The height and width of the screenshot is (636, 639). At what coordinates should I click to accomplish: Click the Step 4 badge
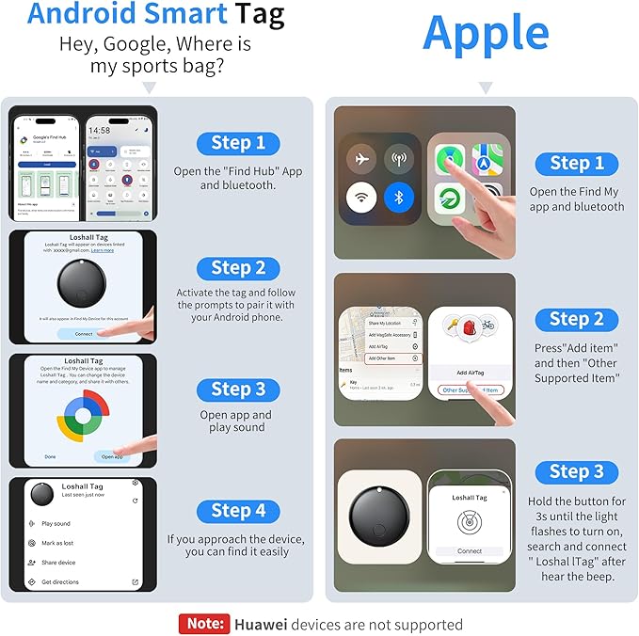click(x=237, y=511)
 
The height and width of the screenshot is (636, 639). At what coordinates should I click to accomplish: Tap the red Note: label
click(x=204, y=624)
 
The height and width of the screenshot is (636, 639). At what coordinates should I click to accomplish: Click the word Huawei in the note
click(x=262, y=624)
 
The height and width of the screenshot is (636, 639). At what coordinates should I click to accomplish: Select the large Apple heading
click(x=486, y=33)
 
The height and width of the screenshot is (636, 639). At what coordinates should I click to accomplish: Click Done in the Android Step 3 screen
click(x=50, y=456)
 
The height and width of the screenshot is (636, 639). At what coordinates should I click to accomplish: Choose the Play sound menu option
click(x=56, y=523)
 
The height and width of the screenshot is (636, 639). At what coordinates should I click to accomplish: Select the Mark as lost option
click(x=56, y=543)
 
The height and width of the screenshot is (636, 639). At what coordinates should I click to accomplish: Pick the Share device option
click(x=58, y=563)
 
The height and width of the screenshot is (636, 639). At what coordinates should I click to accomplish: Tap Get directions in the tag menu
click(x=60, y=582)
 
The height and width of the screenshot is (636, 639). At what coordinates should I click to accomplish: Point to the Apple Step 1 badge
click(x=576, y=164)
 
